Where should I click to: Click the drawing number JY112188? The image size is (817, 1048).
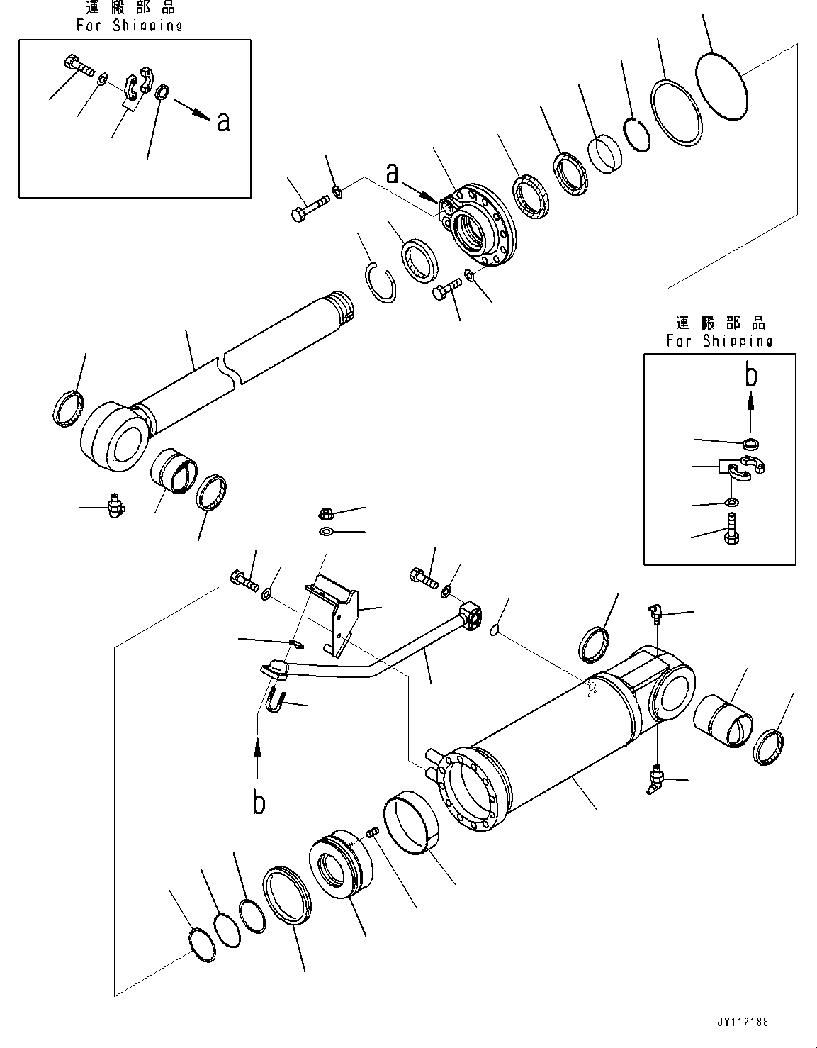741,1022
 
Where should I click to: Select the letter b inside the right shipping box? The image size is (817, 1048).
751,375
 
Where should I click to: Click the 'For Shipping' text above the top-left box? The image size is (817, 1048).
129,26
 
